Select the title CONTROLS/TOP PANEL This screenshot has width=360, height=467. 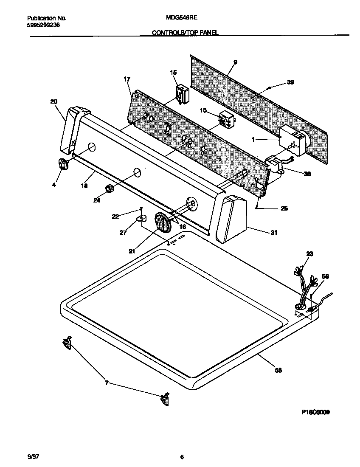click(185, 32)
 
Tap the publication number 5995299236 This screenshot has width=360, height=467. click(44, 25)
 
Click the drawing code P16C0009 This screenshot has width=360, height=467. click(315, 412)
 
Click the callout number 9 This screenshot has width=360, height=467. click(235, 62)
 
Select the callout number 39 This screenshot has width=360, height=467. click(290, 82)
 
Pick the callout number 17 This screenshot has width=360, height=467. click(127, 79)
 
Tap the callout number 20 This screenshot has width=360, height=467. click(53, 101)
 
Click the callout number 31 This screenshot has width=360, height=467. click(274, 232)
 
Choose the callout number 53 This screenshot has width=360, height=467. click(278, 371)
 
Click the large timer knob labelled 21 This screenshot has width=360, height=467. click(162, 222)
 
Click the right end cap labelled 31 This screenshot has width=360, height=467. click(232, 218)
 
